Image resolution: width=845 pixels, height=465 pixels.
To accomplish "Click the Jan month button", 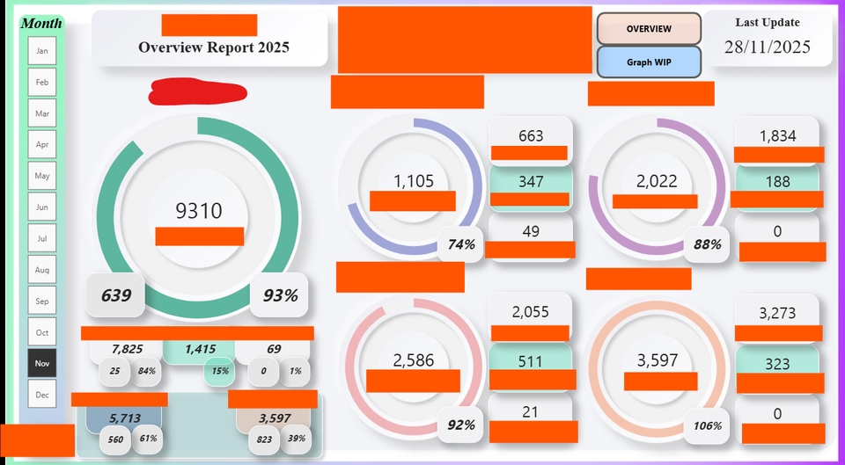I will coord(41,51).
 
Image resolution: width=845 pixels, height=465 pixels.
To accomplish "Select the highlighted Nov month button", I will coord(41,363).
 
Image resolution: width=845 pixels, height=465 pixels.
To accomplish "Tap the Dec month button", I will coord(41,395).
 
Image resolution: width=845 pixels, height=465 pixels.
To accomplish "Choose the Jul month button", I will coord(41,238).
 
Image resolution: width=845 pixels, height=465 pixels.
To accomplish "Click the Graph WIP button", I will coord(649,62).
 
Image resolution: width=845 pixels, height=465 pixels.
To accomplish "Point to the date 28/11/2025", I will coord(768,47).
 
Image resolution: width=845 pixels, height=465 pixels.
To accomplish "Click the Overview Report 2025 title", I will coord(213,47).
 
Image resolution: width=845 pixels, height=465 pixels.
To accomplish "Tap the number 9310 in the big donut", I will coord(199,211).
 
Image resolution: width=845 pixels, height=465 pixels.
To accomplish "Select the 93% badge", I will coord(280,296).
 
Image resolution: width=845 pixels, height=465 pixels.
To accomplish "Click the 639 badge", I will coord(115,295).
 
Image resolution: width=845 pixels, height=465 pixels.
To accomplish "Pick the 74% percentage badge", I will coord(461,244).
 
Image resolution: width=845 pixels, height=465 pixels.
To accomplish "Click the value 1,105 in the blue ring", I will coord(413,181).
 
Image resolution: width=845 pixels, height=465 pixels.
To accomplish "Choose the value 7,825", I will coord(127,349).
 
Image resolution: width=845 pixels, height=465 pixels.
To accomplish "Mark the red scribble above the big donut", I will coord(197,91).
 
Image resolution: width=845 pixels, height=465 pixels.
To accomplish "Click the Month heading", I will coord(41,23).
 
